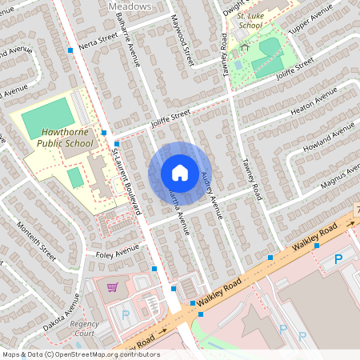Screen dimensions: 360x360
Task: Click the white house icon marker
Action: (x=180, y=173)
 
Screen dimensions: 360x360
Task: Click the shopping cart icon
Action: (x=113, y=286)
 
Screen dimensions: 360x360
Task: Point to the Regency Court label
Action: (x=84, y=328)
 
